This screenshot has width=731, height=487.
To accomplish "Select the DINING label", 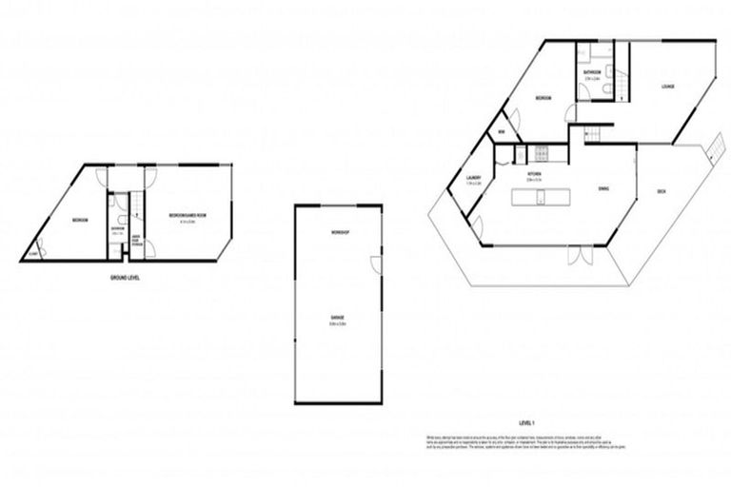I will click(603, 188).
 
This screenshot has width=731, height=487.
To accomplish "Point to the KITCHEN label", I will click(535, 175).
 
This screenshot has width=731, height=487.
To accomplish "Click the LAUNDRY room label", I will click(471, 178).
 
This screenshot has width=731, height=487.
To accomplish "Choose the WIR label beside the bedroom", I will click(501, 132).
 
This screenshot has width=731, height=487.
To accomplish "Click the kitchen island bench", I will click(540, 197).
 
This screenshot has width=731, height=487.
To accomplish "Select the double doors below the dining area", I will click(577, 254).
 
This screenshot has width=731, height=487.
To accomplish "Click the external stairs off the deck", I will click(710, 146).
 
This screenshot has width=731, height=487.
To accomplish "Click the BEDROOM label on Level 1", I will click(543, 98).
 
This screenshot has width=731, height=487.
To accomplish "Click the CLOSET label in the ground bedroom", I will click(33, 253).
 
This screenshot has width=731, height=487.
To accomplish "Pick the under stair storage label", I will click(136, 241).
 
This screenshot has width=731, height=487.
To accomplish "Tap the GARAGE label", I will click(337, 316).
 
